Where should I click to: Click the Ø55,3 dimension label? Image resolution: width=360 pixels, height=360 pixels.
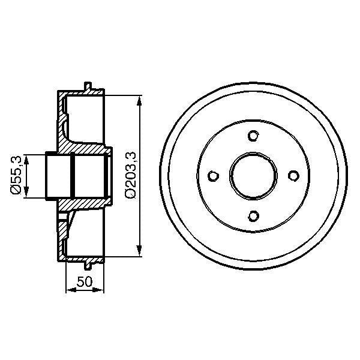pyautogui.click(x=16, y=175)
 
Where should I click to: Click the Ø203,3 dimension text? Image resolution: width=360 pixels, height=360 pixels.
pyautogui.click(x=131, y=175)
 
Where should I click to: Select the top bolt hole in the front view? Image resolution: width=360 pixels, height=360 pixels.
pyautogui.click(x=253, y=135)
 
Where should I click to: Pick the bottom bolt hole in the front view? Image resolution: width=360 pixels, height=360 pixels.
pyautogui.click(x=253, y=215)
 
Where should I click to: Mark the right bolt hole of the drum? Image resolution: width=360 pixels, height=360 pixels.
pyautogui.click(x=293, y=175)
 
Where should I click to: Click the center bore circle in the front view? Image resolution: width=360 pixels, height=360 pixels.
pyautogui.click(x=253, y=175)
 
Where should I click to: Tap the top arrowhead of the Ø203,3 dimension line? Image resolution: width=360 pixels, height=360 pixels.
pyautogui.click(x=140, y=100)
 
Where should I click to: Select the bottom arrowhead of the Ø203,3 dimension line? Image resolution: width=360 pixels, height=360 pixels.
pyautogui.click(x=140, y=251)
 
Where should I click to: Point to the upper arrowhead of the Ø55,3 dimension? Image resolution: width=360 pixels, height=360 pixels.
pyautogui.click(x=25, y=158)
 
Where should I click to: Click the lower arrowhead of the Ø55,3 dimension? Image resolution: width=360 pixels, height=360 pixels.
pyautogui.click(x=25, y=193)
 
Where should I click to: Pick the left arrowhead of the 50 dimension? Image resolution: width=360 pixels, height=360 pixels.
pyautogui.click(x=68, y=290)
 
